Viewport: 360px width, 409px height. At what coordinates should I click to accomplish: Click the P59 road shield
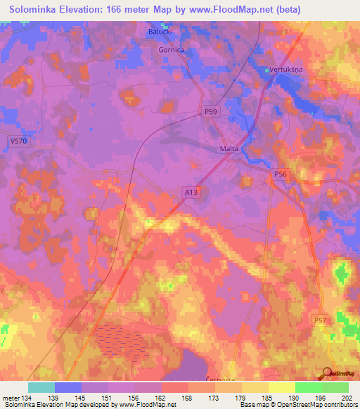[x=211, y=111]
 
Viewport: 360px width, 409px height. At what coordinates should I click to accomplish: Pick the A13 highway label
[x=191, y=191]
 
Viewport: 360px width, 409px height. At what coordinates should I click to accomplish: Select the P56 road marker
[x=281, y=174]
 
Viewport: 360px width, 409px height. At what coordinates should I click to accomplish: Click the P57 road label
[x=320, y=320]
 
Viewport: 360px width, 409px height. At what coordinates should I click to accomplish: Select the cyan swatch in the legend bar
[x=41, y=387]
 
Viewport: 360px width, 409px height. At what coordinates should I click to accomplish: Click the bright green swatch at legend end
[x=335, y=387]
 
